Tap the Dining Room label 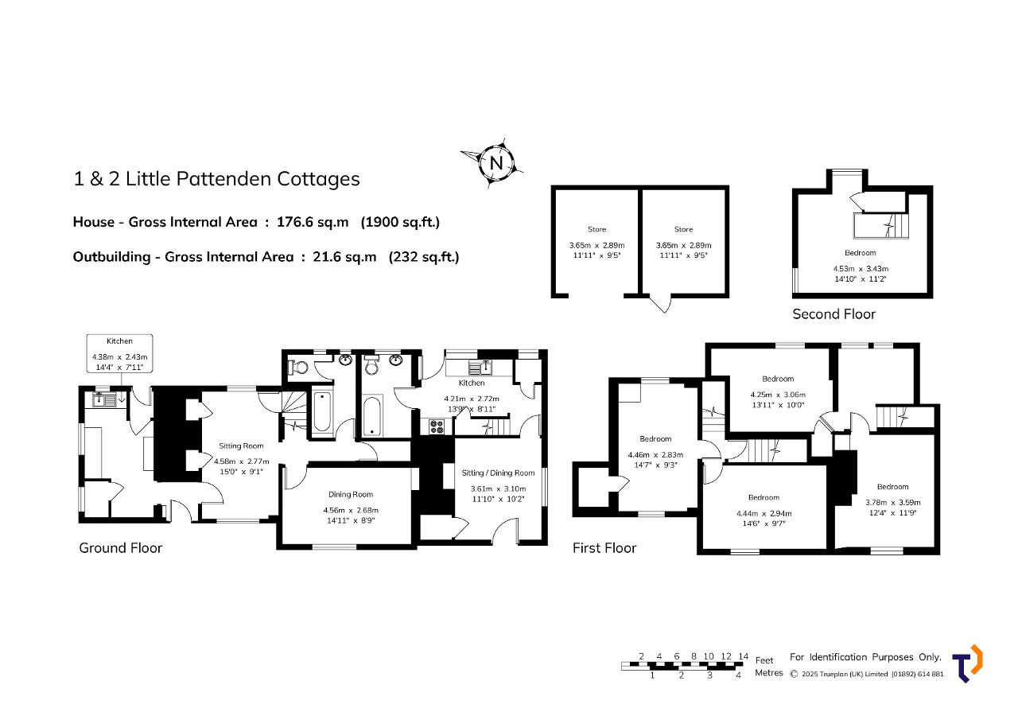pyautogui.click(x=351, y=494)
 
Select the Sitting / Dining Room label pyautogui.click(x=498, y=473)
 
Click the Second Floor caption pyautogui.click(x=833, y=314)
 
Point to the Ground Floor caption pyautogui.click(x=120, y=547)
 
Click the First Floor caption pyautogui.click(x=604, y=547)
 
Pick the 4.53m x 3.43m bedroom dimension pyautogui.click(x=861, y=269)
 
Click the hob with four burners pyautogui.click(x=437, y=426)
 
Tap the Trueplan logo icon pyautogui.click(x=967, y=664)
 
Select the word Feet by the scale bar pyautogui.click(x=764, y=660)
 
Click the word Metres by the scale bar pyautogui.click(x=768, y=673)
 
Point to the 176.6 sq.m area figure pyautogui.click(x=313, y=222)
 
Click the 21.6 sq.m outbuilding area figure pyautogui.click(x=344, y=257)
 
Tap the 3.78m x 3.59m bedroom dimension pyautogui.click(x=892, y=502)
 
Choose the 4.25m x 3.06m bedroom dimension pyautogui.click(x=778, y=395)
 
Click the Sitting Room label pyautogui.click(x=241, y=446)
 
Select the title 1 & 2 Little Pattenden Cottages pyautogui.click(x=216, y=179)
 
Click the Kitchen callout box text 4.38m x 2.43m pyautogui.click(x=119, y=357)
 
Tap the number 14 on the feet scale pyautogui.click(x=743, y=656)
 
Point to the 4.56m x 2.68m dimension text pyautogui.click(x=351, y=510)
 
